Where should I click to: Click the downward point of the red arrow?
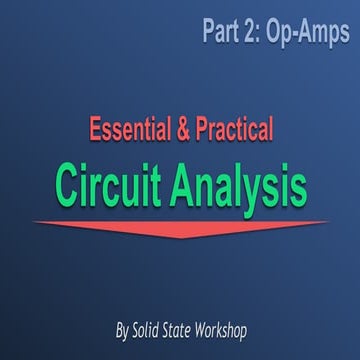pyautogui.click(x=179, y=237)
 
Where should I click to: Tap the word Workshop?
pyautogui.click(x=232, y=329)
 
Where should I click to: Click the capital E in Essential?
pyautogui.click(x=95, y=128)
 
